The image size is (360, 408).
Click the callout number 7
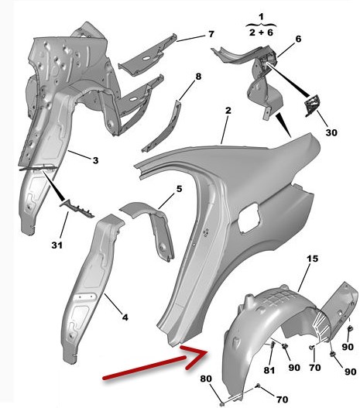coord(211,34)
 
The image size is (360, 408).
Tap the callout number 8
coord(198,77)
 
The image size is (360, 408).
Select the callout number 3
coord(96,160)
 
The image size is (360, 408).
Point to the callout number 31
coord(57,245)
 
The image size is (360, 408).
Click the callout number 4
coord(179,189)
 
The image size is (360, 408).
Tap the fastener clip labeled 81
coord(273,345)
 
